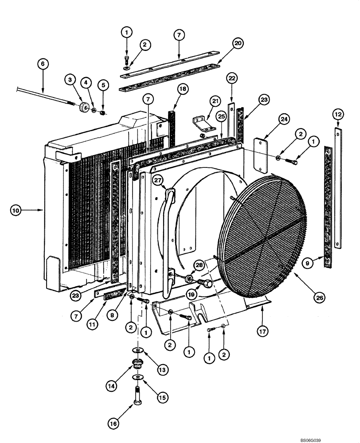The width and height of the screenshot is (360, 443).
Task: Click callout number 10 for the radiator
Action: tap(16, 211)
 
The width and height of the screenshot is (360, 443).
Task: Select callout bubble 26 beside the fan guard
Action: tap(320, 299)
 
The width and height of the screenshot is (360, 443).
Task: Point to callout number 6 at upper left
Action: tap(43, 64)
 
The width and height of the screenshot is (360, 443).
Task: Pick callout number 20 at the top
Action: tap(237, 43)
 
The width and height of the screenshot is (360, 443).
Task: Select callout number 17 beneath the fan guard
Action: tap(262, 329)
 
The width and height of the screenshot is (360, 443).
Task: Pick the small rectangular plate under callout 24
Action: tap(259, 153)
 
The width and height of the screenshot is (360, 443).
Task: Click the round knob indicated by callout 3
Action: tap(83, 108)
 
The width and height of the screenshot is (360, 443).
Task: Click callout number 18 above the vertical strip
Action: tap(183, 89)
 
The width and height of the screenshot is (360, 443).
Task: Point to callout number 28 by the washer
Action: tap(199, 265)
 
